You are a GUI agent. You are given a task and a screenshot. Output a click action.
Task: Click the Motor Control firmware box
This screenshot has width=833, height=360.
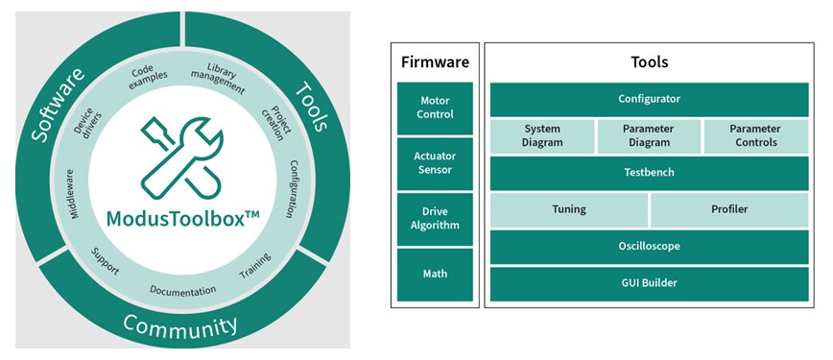click(435, 108)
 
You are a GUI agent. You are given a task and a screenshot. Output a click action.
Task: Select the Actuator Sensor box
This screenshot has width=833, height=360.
click(435, 163)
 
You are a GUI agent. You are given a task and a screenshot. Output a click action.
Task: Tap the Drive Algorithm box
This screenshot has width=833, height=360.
click(435, 219)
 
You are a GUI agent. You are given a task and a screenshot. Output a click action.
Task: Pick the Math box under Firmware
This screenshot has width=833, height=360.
click(435, 274)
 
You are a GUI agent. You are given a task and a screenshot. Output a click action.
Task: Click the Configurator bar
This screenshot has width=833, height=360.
click(650, 99)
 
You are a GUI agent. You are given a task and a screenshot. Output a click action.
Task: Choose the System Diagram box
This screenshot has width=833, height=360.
click(542, 136)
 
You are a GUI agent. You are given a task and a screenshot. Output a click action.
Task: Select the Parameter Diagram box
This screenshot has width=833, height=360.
click(649, 136)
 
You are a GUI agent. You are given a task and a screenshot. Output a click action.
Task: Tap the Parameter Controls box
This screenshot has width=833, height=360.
click(755, 136)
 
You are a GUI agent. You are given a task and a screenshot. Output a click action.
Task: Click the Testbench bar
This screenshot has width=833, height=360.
click(650, 174)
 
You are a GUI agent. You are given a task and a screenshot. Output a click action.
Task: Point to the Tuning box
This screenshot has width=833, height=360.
click(569, 209)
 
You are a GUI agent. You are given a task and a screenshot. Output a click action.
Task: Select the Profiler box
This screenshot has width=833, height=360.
click(729, 209)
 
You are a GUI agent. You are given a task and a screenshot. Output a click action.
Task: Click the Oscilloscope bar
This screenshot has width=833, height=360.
click(650, 246)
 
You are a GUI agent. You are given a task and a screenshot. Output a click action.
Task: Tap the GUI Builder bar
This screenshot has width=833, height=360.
click(650, 283)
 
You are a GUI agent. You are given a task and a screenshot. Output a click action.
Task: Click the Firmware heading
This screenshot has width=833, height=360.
click(435, 62)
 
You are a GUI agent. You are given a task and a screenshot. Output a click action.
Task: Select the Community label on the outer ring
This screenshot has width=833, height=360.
click(179, 327)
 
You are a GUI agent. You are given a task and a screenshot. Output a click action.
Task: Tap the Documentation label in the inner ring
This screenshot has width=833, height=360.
click(183, 290)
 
